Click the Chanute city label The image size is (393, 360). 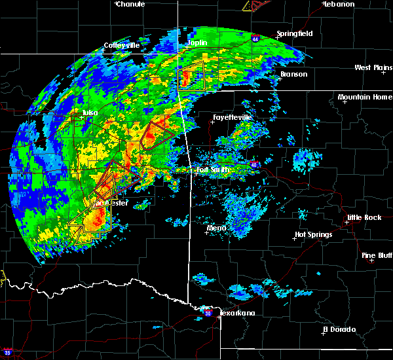coord(131,4)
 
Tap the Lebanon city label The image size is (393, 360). coord(339,4)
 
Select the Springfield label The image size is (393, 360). coord(294,33)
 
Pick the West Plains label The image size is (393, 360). coord(372,67)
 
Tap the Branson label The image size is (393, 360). coord(293,74)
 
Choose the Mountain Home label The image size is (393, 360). coord(365,98)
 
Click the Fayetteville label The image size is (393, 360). coord(233,117)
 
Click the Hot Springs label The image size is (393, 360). coord(313,234)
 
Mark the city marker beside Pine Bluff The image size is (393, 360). coord(371,261)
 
